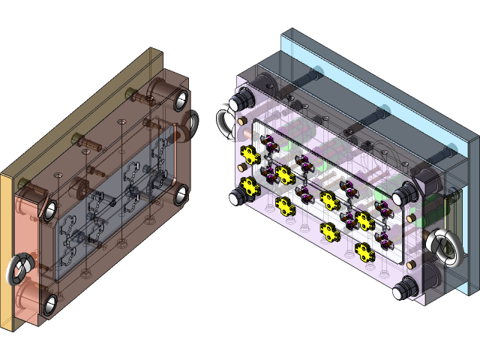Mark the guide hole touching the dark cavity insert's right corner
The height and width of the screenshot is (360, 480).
[180, 196]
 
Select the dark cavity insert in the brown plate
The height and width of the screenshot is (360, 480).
[112, 202]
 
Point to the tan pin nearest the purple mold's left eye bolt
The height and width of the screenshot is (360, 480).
[242, 121]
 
